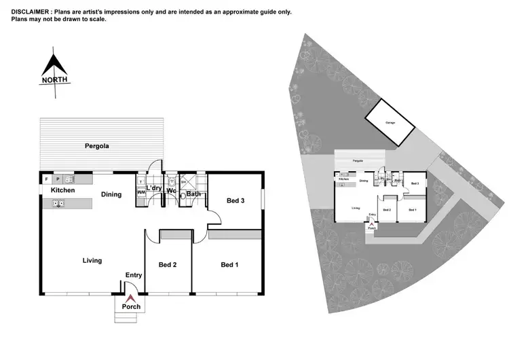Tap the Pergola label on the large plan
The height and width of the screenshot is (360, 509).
(x=97, y=146)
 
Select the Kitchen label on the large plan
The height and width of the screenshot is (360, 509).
(x=62, y=191)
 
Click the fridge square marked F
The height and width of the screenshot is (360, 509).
(x=46, y=179)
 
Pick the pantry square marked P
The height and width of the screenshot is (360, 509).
(x=58, y=179)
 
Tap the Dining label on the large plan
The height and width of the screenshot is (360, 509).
(x=111, y=195)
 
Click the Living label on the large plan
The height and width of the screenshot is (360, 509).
(x=92, y=260)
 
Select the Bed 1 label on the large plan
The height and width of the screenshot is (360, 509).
(x=229, y=265)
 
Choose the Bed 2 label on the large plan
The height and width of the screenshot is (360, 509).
(x=168, y=265)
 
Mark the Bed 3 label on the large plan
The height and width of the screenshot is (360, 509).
(x=235, y=201)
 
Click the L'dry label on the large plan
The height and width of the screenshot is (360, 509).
(x=153, y=188)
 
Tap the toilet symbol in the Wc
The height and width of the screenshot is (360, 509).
(x=172, y=183)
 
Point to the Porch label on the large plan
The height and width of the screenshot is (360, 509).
(x=131, y=307)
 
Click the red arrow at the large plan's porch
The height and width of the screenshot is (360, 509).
(x=131, y=297)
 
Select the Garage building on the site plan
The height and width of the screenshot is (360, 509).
(x=390, y=122)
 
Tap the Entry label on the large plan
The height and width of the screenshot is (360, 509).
(x=133, y=275)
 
